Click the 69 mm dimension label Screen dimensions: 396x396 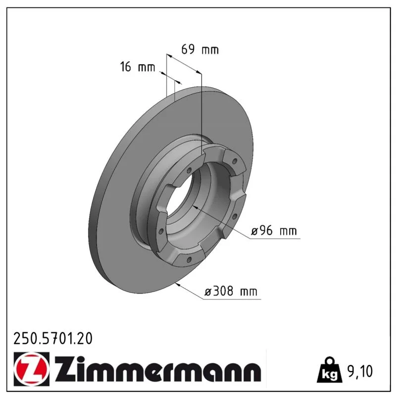click(x=200, y=49)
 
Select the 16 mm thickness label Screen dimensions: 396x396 click(x=138, y=67)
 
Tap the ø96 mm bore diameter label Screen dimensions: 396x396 click(x=274, y=231)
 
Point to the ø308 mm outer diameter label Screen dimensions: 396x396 click(x=231, y=291)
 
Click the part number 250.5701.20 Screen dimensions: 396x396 click(x=53, y=339)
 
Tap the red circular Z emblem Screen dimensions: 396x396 click(x=31, y=369)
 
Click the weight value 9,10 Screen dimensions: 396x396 click(x=360, y=371)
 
